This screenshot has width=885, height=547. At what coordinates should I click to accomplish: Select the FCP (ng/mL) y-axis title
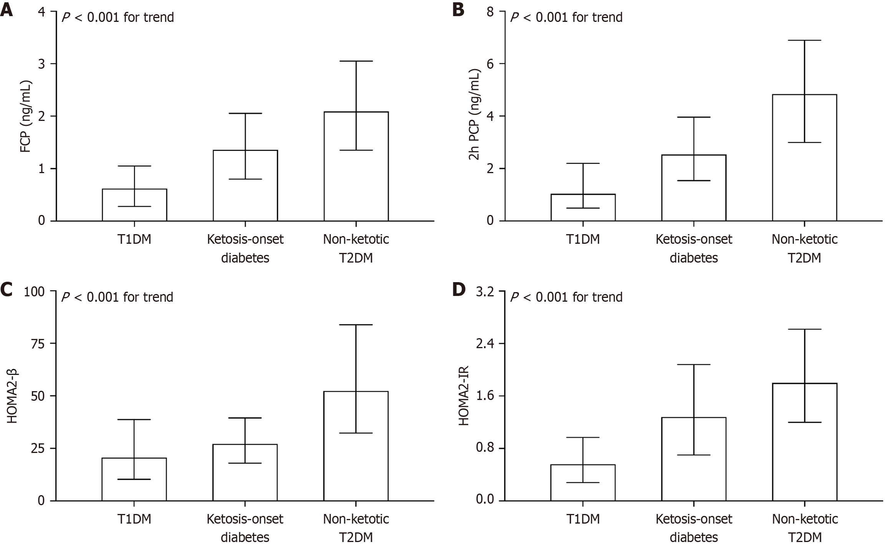pyautogui.click(x=25, y=116)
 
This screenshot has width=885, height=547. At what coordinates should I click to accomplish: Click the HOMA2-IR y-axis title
pyautogui.click(x=464, y=396)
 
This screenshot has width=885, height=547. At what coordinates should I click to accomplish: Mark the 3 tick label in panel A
pyautogui.click(x=42, y=64)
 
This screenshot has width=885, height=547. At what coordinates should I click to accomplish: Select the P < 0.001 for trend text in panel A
pyautogui.click(x=118, y=17)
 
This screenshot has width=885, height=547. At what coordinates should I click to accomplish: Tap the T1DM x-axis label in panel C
pyautogui.click(x=134, y=519)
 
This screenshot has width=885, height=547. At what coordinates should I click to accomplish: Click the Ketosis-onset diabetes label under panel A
pyautogui.click(x=245, y=248)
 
